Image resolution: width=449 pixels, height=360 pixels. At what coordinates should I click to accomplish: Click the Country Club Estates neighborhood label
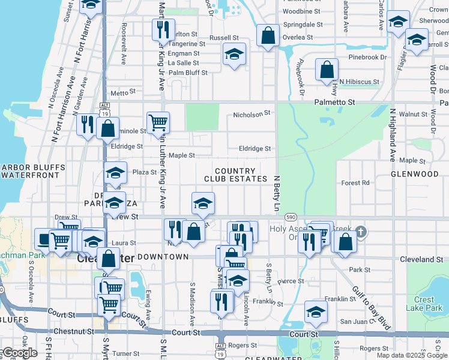pyautogui.click(x=235, y=175)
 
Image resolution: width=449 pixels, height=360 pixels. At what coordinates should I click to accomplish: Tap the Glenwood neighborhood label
pyautogui.click(x=415, y=174)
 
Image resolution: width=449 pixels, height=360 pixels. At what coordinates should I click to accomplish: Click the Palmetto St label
pyautogui.click(x=336, y=102)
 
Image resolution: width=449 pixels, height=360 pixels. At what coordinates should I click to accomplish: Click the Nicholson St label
pyautogui.click(x=253, y=113)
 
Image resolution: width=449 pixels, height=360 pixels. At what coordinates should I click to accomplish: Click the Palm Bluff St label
pyautogui.click(x=188, y=73)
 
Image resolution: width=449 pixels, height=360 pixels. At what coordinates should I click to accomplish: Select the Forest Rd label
pyautogui.click(x=355, y=183)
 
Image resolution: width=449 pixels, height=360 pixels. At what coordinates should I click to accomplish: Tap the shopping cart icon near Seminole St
pyautogui.click(x=158, y=122)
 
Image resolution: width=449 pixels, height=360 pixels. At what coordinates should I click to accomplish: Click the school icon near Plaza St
pyautogui.click(x=115, y=173)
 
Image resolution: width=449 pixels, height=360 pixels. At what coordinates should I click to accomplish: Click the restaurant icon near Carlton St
pyautogui.click(x=164, y=29)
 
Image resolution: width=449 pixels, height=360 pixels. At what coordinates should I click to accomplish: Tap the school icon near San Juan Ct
pyautogui.click(x=316, y=311)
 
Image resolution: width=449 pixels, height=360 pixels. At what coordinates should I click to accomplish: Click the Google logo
pyautogui.click(x=19, y=353)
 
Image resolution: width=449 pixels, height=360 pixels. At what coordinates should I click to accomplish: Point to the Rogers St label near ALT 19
pyautogui.click(x=243, y=346)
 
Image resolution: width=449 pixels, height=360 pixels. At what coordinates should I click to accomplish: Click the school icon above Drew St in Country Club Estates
pyautogui.click(x=203, y=203)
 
